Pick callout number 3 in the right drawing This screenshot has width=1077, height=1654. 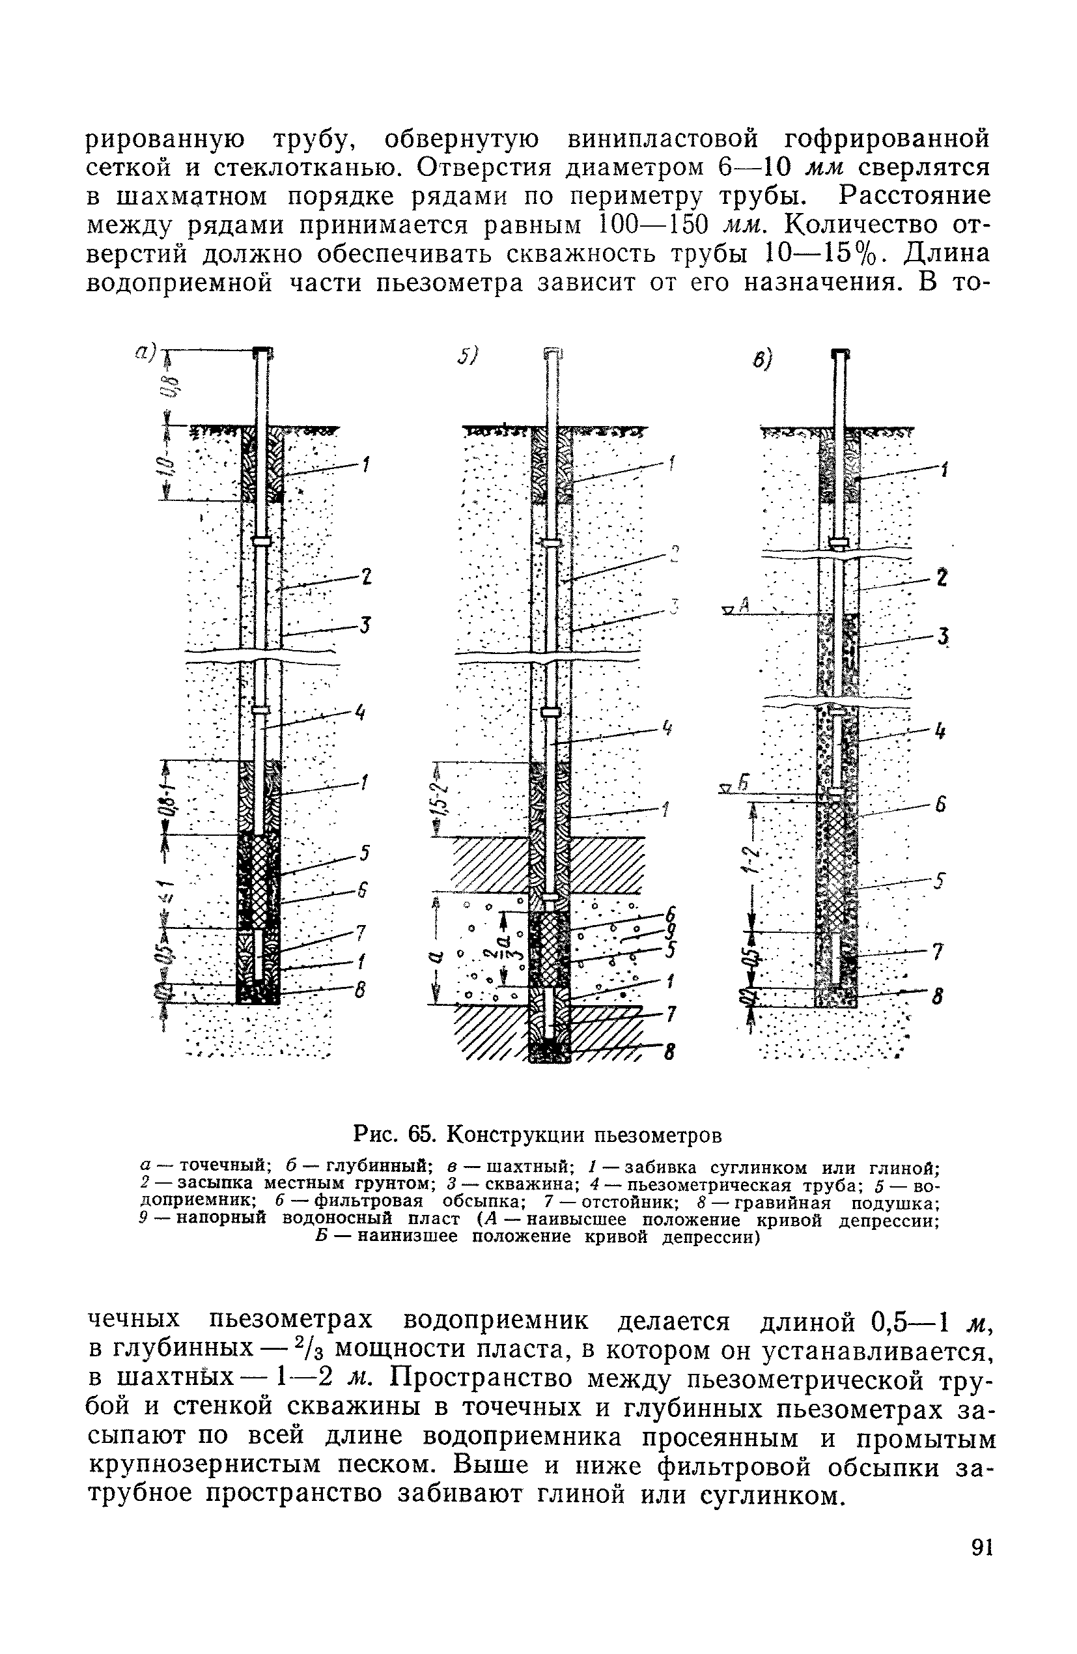pyautogui.click(x=942, y=636)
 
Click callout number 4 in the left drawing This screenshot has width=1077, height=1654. pyautogui.click(x=360, y=712)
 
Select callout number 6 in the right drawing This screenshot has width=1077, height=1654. pyautogui.click(x=941, y=805)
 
